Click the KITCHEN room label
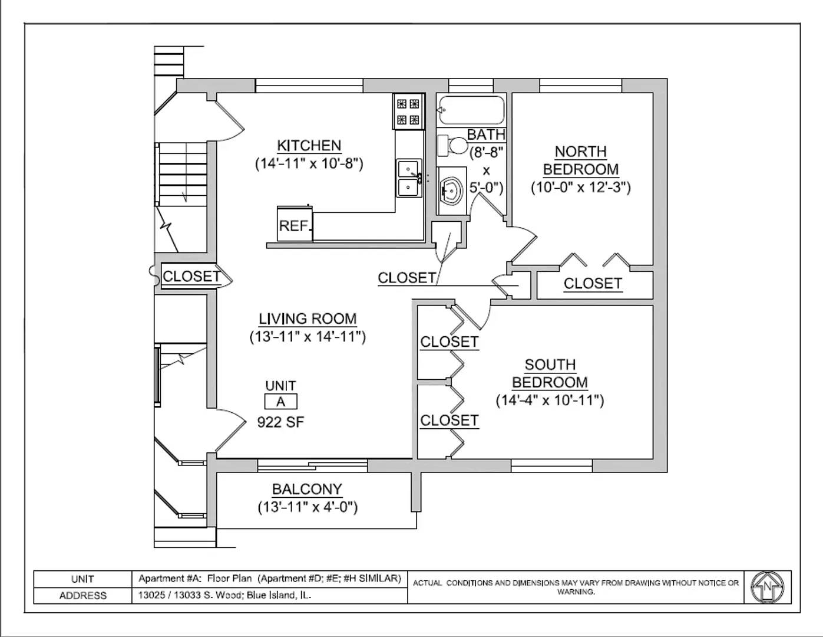pyautogui.click(x=309, y=146)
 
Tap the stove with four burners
pyautogui.click(x=408, y=112)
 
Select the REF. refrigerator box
pyautogui.click(x=295, y=225)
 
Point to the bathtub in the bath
pyautogui.click(x=471, y=110)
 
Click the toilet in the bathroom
pyautogui.click(x=451, y=145)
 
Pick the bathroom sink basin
pyautogui.click(x=452, y=191)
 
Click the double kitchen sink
pyautogui.click(x=408, y=178)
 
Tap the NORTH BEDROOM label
pyautogui.click(x=580, y=160)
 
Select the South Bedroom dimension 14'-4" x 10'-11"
pyautogui.click(x=550, y=400)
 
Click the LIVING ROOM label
pyautogui.click(x=308, y=319)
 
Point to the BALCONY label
pyautogui.click(x=307, y=490)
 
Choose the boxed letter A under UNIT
pyautogui.click(x=280, y=402)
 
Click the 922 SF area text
pyautogui.click(x=280, y=422)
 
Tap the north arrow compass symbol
pyautogui.click(x=768, y=587)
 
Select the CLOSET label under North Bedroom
pyautogui.click(x=592, y=284)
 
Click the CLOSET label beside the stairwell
pyautogui.click(x=191, y=277)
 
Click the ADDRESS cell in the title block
pyautogui.click(x=82, y=596)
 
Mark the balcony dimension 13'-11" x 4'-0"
pyautogui.click(x=308, y=507)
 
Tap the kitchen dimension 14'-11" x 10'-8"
pyautogui.click(x=309, y=164)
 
